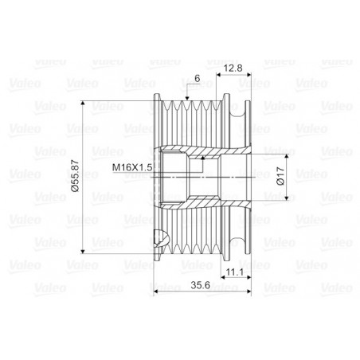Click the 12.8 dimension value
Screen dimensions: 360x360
(x=233, y=68)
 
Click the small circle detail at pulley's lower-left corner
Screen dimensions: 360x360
(x=161, y=237)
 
